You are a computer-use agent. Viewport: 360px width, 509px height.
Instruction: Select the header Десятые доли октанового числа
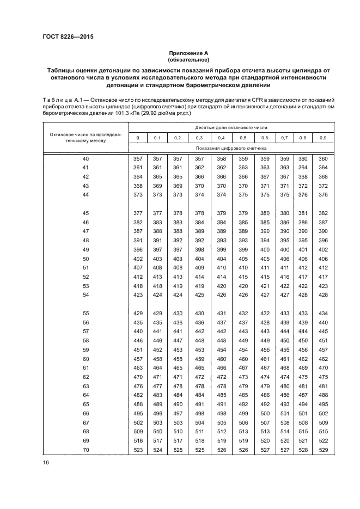[x=231, y=127]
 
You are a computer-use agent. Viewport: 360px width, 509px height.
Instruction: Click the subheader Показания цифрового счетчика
[x=231, y=148]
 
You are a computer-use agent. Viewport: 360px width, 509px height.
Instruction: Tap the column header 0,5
[x=243, y=138]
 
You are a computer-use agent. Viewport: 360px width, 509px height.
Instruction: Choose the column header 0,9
[x=323, y=138]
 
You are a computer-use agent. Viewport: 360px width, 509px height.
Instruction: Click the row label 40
[x=86, y=158]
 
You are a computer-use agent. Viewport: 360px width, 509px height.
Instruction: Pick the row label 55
[x=86, y=314]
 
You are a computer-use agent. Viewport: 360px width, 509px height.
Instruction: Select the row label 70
[x=86, y=450]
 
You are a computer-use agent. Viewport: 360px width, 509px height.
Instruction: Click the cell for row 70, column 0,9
[x=323, y=450]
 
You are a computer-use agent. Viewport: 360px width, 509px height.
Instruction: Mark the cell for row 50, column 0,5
[x=243, y=259]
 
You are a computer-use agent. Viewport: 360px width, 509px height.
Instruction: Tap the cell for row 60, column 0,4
[x=221, y=359]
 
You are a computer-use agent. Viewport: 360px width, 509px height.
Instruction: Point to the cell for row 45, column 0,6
[x=265, y=213]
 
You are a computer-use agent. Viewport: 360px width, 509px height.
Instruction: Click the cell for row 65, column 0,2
[x=178, y=404]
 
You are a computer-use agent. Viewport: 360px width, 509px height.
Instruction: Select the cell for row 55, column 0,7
[x=284, y=314]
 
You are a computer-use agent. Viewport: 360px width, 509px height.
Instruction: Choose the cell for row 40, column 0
[x=138, y=158]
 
